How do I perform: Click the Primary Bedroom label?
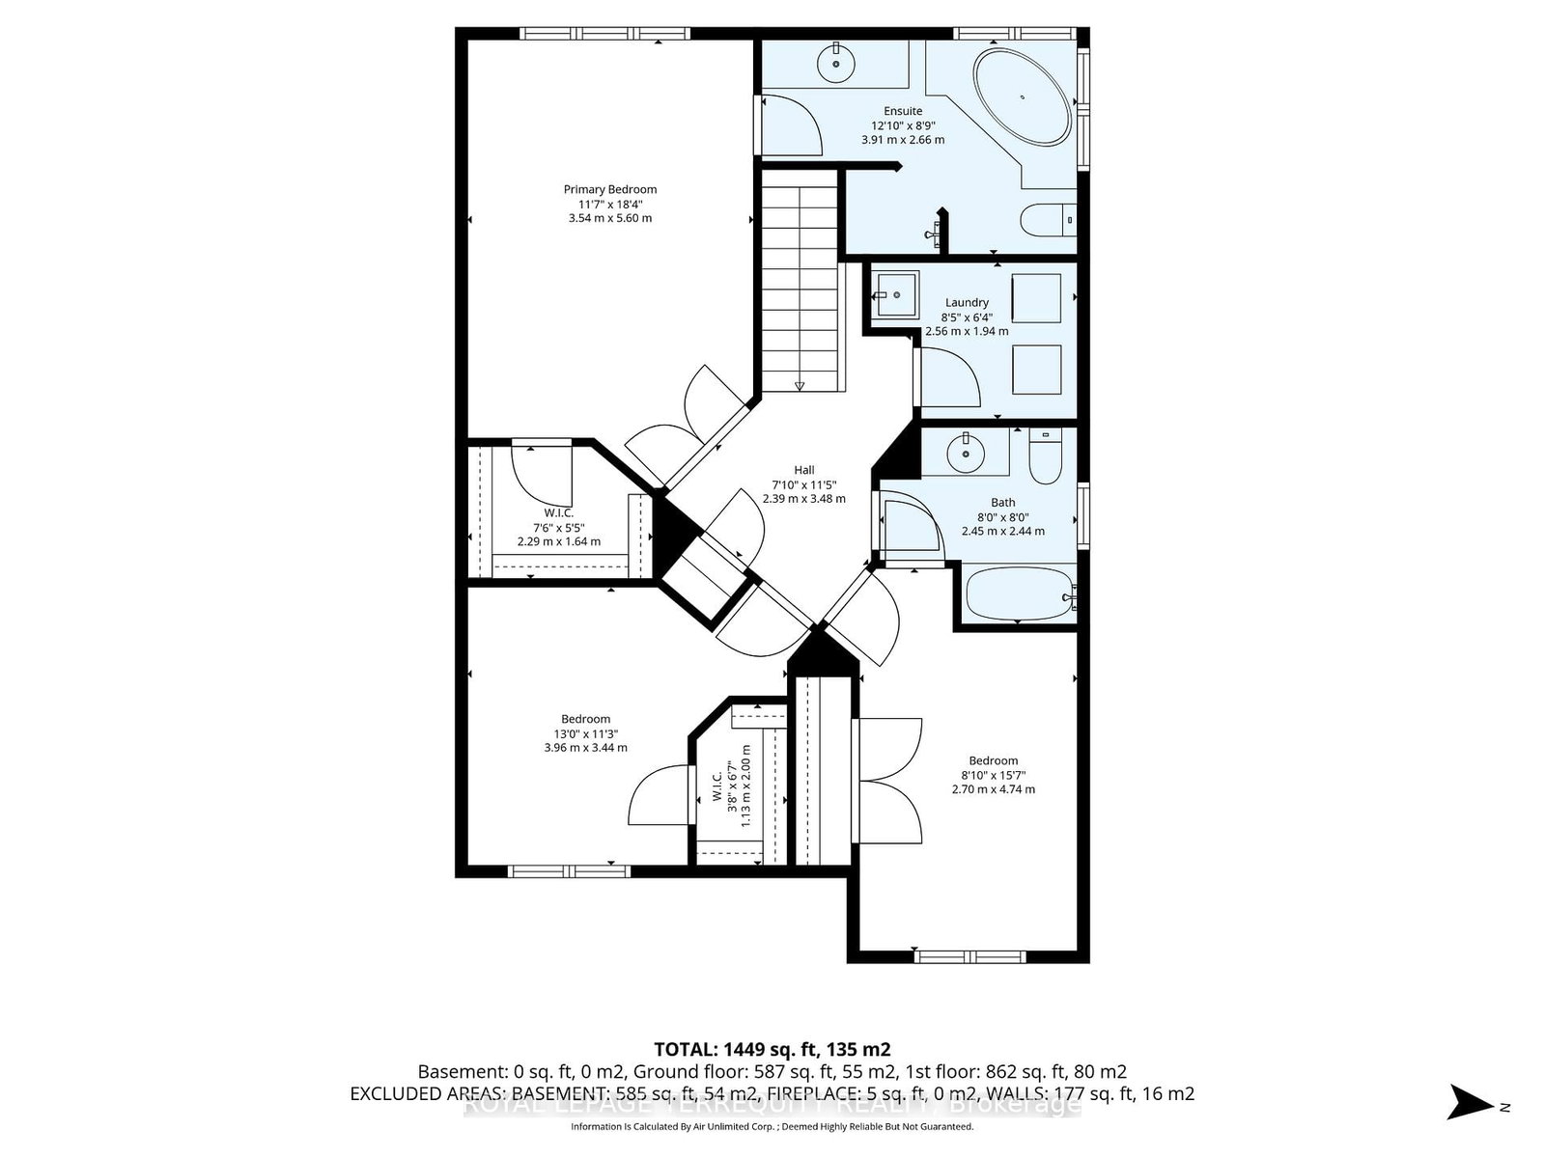point(610,190)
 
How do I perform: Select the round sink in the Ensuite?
point(835,64)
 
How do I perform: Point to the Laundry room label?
point(967,303)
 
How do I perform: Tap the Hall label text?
point(804,470)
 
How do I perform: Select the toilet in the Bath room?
point(1045,457)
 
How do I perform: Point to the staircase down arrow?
point(800,386)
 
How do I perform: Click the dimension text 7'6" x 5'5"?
point(559,527)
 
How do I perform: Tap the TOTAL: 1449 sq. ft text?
point(772,1049)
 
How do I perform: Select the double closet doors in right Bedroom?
point(886,778)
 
